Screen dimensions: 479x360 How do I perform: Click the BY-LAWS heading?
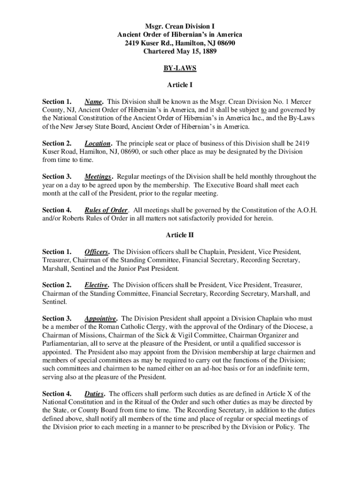coord(180,68)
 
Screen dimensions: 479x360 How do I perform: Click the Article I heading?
coord(180,85)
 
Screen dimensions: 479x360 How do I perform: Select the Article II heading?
coord(180,235)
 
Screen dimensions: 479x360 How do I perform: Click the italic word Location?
coord(98,144)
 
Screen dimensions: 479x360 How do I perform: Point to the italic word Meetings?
coord(98,177)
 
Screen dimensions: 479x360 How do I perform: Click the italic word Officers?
coord(96,252)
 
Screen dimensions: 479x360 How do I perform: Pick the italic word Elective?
coord(96,285)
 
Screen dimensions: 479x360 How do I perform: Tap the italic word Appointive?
coord(101,319)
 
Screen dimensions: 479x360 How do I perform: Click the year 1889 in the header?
coord(209,51)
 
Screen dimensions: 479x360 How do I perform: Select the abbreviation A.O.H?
coord(307,210)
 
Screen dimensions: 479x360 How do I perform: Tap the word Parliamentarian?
coord(65,343)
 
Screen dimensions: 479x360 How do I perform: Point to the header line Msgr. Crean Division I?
coord(180,26)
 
